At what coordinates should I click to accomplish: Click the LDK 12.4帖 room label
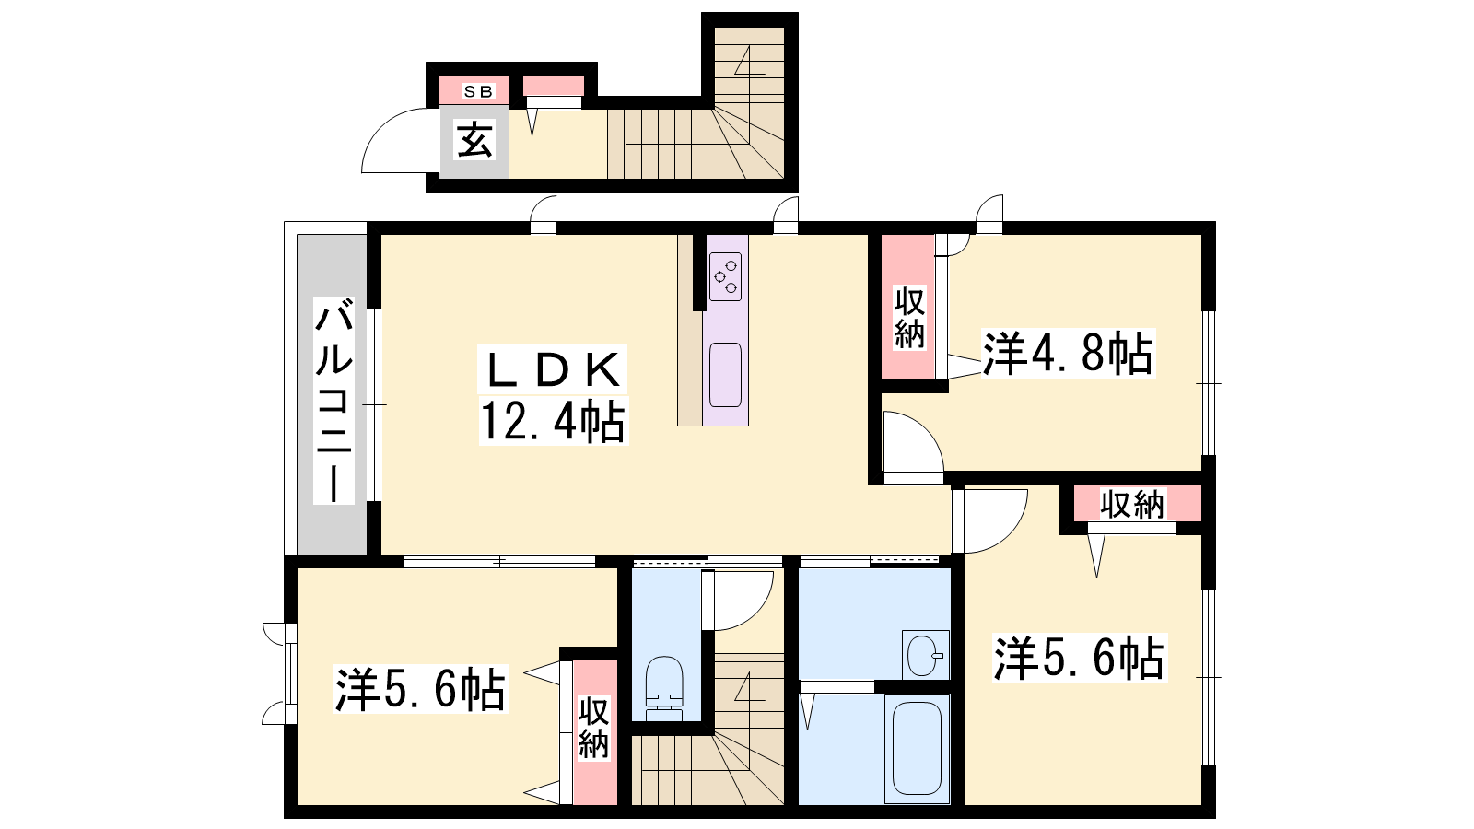coord(554,394)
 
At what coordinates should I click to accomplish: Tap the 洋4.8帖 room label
coord(1068,354)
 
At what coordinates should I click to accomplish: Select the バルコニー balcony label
coord(333,400)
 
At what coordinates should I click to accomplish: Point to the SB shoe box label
coord(478,91)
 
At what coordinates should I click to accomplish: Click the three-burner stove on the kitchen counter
coord(726,276)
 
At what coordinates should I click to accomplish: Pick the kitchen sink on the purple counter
coord(726,375)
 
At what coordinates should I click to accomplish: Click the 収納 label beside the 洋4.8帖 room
coord(908,317)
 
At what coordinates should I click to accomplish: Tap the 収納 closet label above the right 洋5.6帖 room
coord(1132,505)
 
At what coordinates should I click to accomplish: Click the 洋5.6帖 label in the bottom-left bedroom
coord(420,689)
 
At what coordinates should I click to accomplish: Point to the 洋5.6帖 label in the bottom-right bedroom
coord(1079,658)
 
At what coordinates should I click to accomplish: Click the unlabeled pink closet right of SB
coord(554,87)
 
